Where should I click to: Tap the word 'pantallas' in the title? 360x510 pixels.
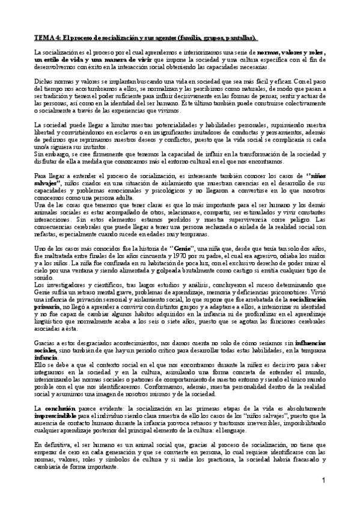[240, 37]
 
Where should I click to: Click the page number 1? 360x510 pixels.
[323, 481]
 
